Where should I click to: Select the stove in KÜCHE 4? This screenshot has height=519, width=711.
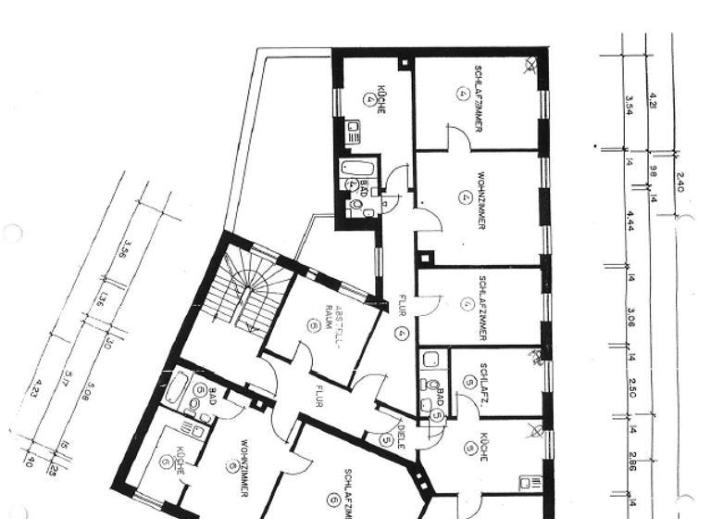click(x=352, y=133)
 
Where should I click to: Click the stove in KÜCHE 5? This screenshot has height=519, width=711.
click(x=530, y=483)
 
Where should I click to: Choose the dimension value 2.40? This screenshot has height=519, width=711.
click(x=680, y=182)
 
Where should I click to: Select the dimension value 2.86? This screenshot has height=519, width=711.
click(x=631, y=462)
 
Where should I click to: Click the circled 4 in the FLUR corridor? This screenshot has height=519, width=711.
click(x=401, y=333)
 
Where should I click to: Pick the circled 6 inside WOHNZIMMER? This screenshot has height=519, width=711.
click(x=232, y=466)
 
